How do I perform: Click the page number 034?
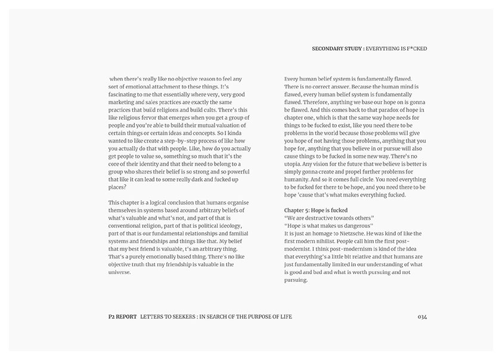pos(423,316)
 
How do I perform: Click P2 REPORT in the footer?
pos(119,316)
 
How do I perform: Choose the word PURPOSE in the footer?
pos(264,316)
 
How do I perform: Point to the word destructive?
pos(323,218)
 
